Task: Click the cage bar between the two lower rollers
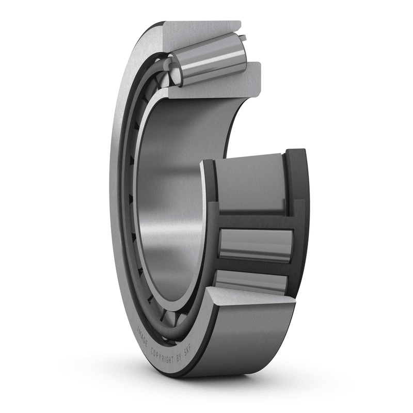[253, 265]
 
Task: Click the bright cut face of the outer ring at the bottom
[243, 299]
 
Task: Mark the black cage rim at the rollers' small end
[211, 217]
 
